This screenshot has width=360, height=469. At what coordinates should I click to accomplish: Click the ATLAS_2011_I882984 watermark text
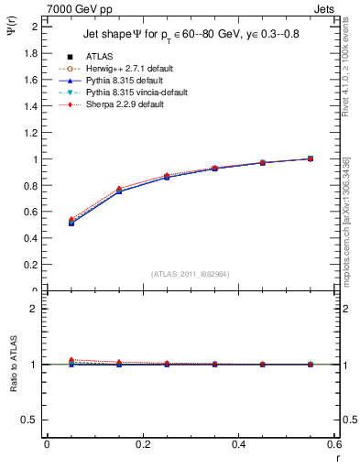coord(191,274)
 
